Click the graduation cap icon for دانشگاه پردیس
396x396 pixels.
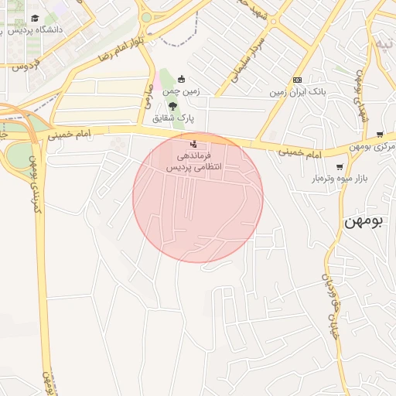(x=35, y=18)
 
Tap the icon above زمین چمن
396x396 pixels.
(x=182, y=78)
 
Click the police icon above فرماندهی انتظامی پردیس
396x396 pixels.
(x=193, y=143)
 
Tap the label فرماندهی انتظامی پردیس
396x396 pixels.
(x=198, y=161)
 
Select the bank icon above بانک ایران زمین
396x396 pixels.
(x=297, y=80)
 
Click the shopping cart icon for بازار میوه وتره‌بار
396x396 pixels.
(x=340, y=167)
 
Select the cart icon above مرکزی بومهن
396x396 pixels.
(x=379, y=135)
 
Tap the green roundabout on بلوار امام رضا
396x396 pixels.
(x=145, y=17)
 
